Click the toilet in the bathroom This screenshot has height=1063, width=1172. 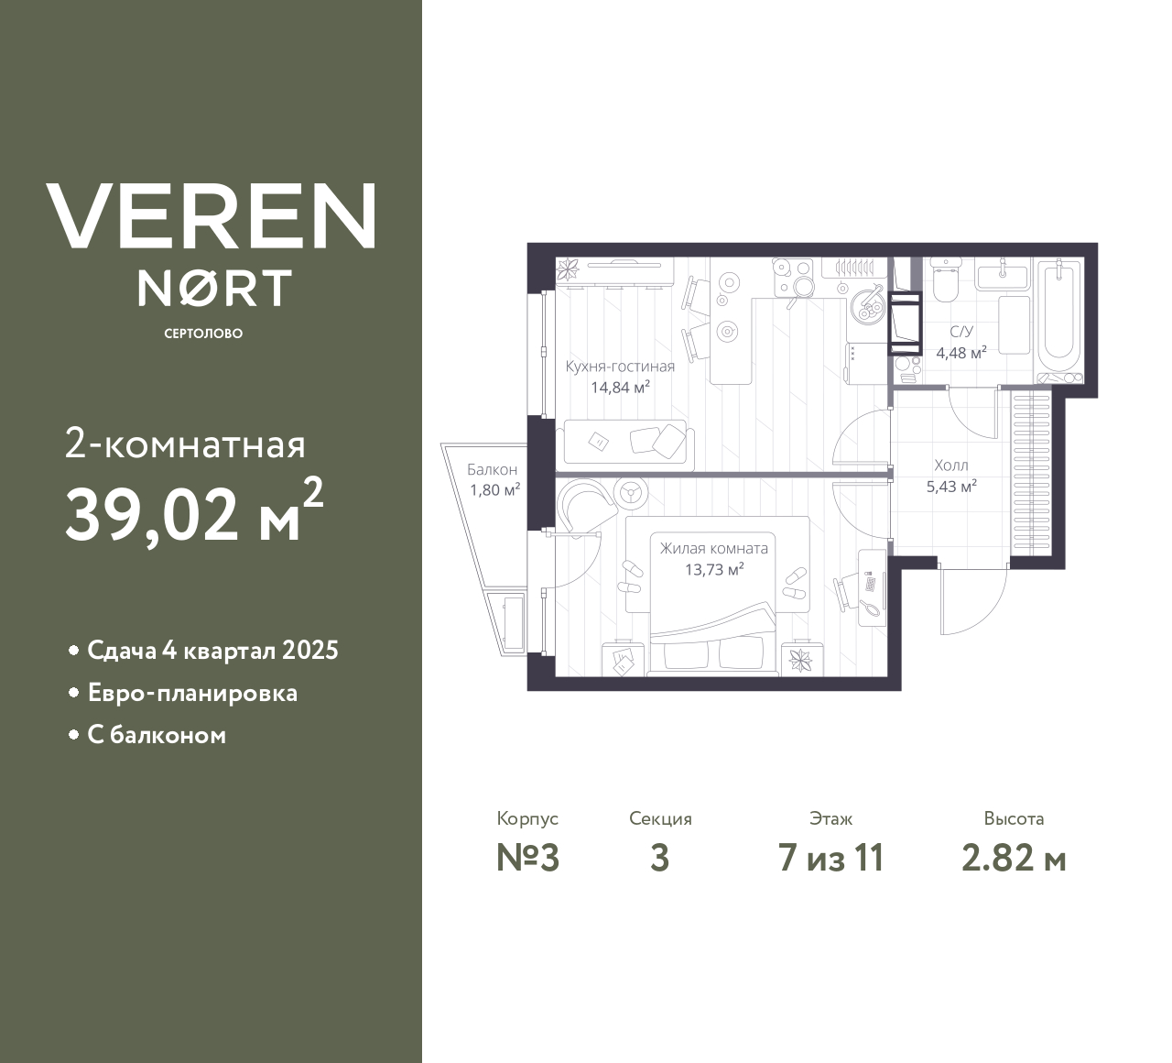(x=945, y=280)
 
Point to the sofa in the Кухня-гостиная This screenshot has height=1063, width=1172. (x=628, y=442)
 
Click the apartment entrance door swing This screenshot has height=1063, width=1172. (x=972, y=600)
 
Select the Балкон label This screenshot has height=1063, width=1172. (x=492, y=470)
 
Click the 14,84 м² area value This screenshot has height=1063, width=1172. (x=620, y=387)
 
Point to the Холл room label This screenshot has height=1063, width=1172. (x=950, y=466)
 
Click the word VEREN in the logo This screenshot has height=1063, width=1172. (x=212, y=216)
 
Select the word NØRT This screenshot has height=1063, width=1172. (x=215, y=288)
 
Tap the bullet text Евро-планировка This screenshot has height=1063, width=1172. (x=192, y=693)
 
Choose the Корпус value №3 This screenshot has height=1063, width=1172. (x=527, y=858)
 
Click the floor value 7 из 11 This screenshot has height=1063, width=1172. (x=830, y=858)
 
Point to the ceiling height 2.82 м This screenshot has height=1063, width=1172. (x=1014, y=858)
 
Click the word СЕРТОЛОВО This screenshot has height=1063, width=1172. (x=203, y=334)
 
